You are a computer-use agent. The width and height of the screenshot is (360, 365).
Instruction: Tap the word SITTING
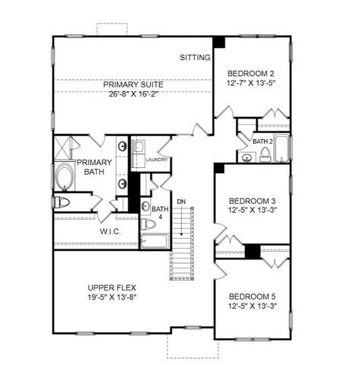[195, 57]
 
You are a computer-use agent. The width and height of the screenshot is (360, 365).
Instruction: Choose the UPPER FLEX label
[111, 287]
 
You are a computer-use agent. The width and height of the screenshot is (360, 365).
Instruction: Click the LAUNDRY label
[156, 160]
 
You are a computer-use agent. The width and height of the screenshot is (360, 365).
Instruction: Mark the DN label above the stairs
[181, 201]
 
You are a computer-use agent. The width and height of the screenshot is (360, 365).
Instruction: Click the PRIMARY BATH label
[94, 167]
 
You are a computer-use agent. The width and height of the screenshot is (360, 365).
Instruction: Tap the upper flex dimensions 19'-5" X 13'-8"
[112, 299]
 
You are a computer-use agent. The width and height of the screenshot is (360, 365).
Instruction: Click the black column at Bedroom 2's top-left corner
[219, 43]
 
